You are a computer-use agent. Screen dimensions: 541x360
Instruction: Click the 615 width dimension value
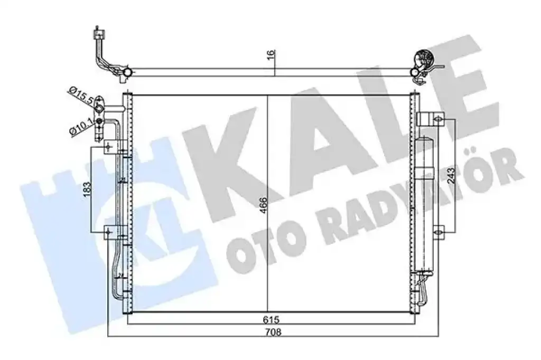pyautogui.click(x=271, y=320)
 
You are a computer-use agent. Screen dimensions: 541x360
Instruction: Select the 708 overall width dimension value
pyautogui.click(x=273, y=332)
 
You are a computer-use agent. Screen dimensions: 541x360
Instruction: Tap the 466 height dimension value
pyautogui.click(x=264, y=205)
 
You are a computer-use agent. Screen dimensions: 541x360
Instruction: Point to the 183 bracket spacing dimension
pyautogui.click(x=87, y=190)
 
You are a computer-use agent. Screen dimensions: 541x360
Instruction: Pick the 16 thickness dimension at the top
pyautogui.click(x=271, y=54)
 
